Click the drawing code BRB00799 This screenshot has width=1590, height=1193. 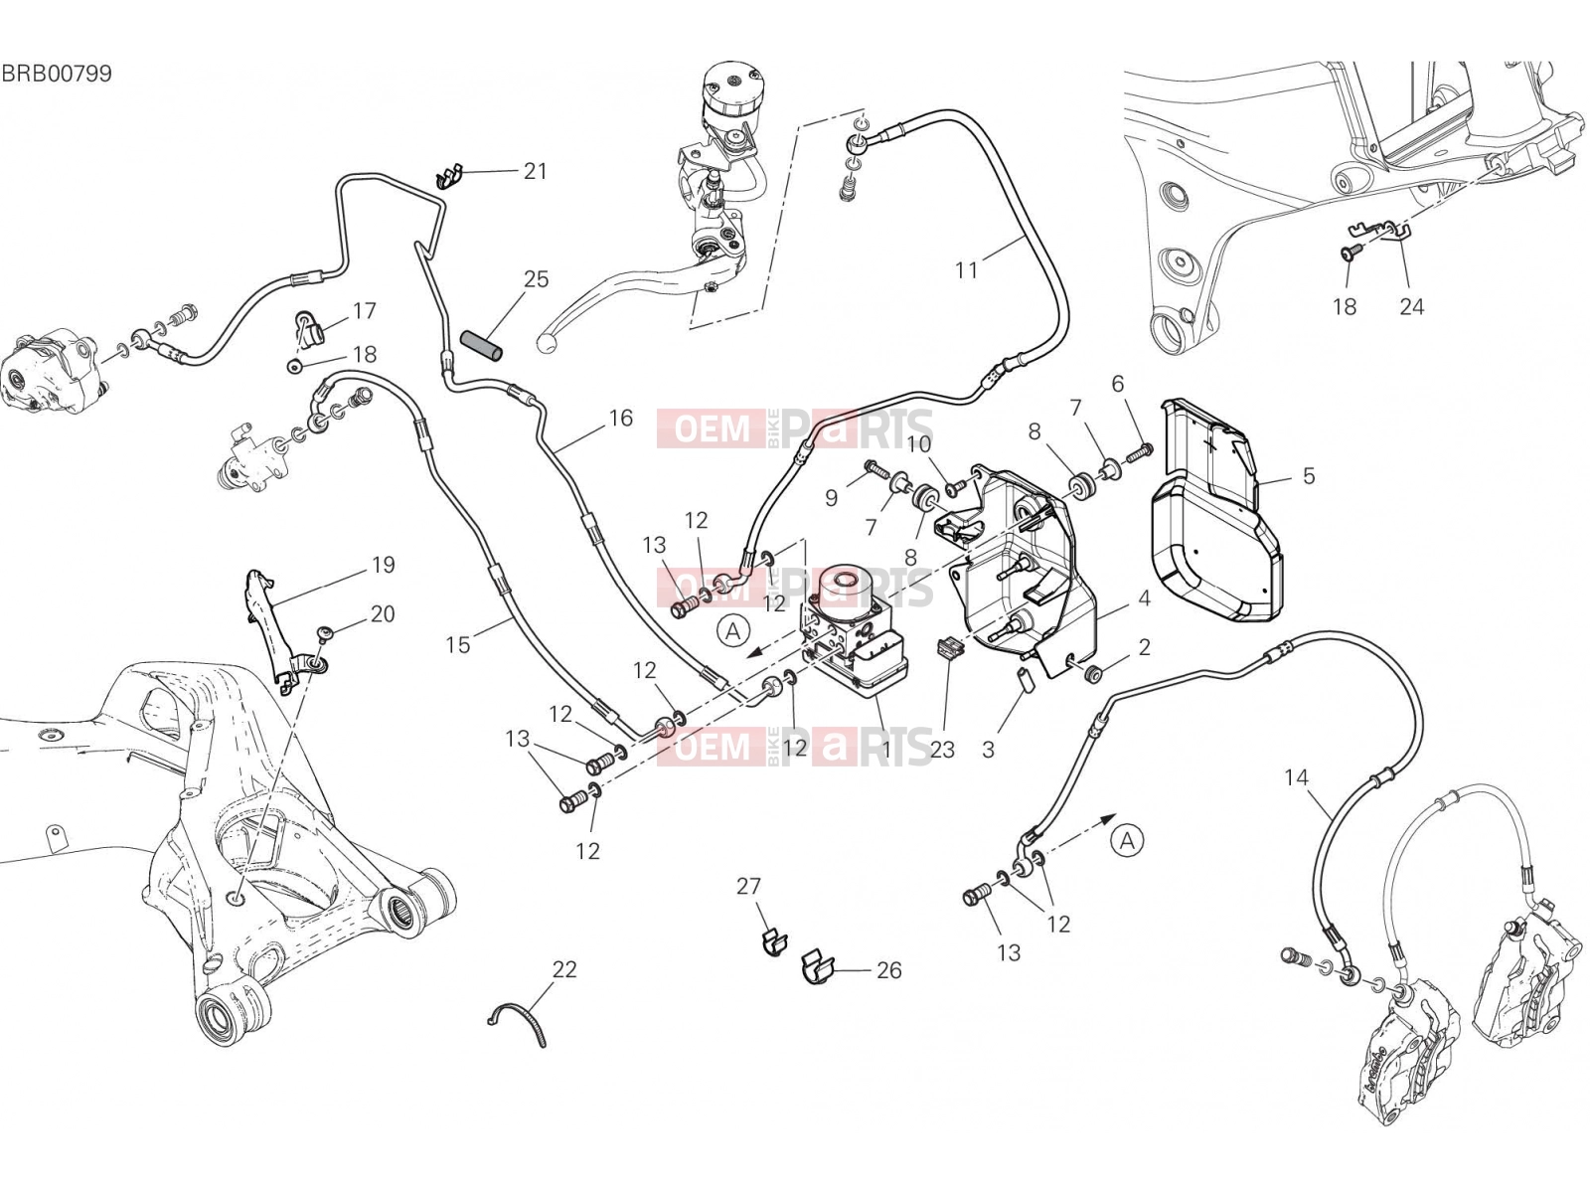57,74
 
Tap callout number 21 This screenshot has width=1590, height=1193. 535,171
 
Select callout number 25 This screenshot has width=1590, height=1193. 536,279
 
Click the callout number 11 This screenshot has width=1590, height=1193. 966,270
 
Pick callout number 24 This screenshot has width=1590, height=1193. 1411,306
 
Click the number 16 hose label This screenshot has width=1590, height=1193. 621,418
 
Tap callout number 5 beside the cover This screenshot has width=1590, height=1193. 1308,476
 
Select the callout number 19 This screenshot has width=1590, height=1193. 384,565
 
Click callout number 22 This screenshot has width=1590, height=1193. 564,969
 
